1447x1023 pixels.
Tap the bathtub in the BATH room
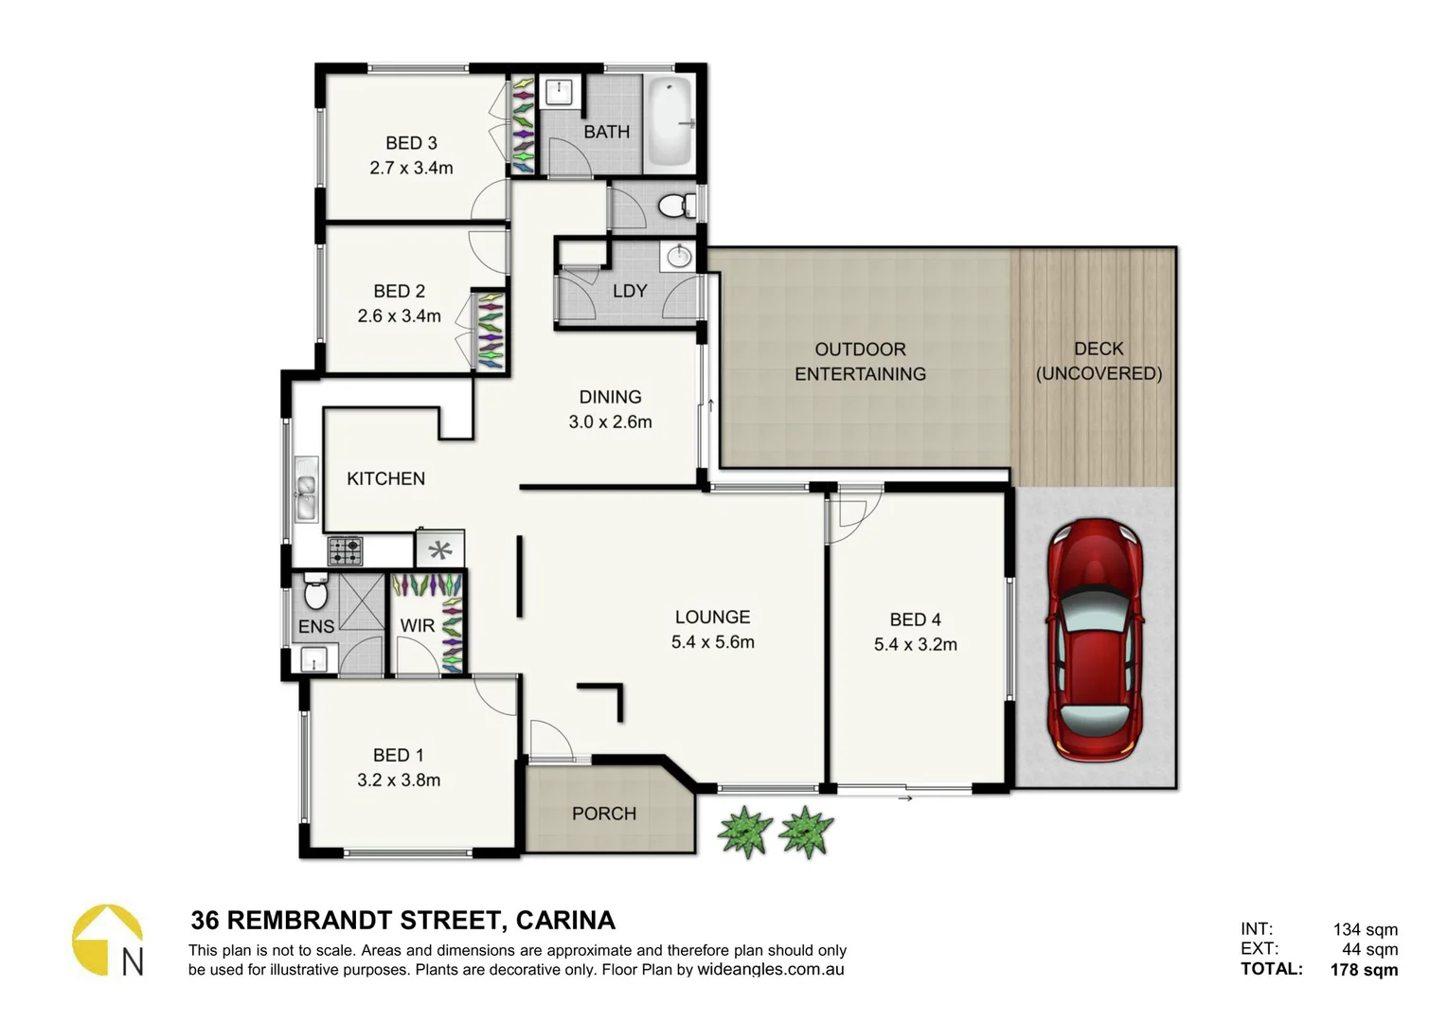(670, 123)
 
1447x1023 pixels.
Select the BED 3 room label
(411, 143)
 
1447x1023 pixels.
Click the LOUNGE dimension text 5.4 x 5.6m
(712, 642)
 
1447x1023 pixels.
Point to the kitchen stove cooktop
(345, 549)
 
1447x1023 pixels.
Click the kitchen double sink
(306, 488)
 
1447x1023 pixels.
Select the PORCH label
(603, 814)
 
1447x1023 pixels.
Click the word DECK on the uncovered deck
(1099, 349)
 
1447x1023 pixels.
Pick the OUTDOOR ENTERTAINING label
(860, 362)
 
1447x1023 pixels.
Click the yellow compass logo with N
(107, 940)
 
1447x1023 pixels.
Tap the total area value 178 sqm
(1364, 969)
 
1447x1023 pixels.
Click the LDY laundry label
(630, 291)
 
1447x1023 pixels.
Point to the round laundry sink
(679, 256)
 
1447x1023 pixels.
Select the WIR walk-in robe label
(417, 626)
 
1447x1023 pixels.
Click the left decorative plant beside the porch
(745, 831)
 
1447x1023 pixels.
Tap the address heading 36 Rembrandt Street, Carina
(402, 920)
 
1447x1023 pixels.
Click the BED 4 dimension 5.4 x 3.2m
(915, 644)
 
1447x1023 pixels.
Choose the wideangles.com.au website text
(770, 969)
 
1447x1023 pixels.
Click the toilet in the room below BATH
(674, 205)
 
